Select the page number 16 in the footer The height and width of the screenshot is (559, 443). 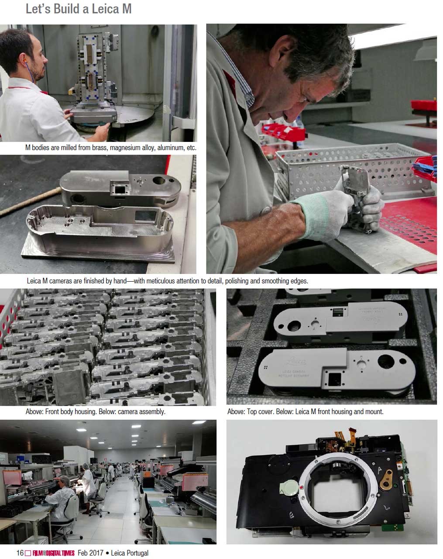tap(20, 552)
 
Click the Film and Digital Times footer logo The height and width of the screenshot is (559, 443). tap(54, 553)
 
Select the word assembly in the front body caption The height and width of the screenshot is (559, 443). tap(153, 412)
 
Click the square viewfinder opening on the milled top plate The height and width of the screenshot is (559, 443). tap(120, 190)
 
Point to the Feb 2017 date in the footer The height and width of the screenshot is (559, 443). tap(90, 553)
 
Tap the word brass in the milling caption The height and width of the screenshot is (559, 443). tap(100, 148)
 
